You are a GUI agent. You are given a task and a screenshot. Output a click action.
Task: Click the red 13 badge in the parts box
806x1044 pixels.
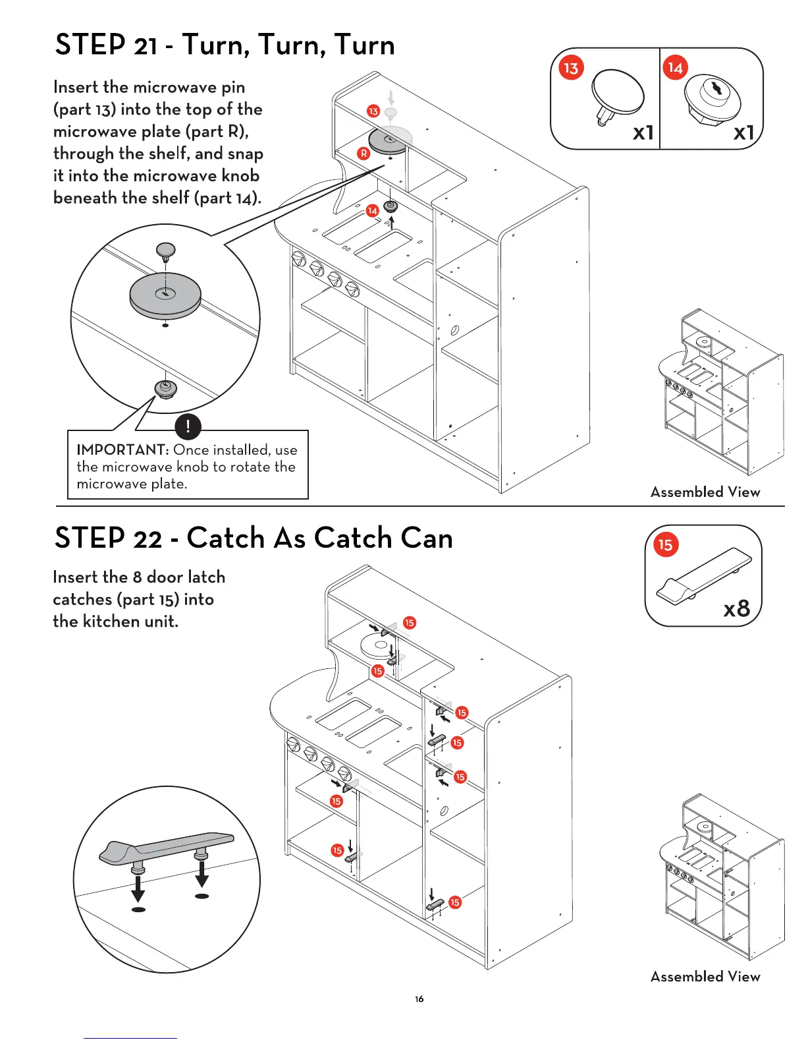tap(571, 68)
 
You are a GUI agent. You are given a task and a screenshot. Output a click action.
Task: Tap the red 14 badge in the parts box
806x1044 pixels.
tap(676, 67)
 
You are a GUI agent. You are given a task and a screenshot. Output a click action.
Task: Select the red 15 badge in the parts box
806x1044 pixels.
tap(666, 545)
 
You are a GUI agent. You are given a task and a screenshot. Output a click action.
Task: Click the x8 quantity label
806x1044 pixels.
tap(736, 608)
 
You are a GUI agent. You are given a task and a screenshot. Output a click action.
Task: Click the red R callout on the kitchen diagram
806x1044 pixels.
tap(363, 154)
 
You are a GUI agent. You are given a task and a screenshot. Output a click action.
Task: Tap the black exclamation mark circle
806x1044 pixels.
tap(188, 426)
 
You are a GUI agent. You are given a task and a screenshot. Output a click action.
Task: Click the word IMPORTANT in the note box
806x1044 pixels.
tap(122, 450)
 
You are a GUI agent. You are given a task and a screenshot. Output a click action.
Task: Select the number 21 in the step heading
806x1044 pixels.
tap(146, 47)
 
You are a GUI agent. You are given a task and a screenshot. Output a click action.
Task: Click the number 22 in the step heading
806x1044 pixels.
tap(147, 540)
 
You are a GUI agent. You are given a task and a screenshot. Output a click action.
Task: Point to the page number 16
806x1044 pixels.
tap(419, 999)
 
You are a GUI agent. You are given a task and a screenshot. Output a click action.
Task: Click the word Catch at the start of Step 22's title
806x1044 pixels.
tap(225, 538)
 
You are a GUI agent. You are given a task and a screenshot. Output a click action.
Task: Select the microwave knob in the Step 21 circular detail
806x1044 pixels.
tap(165, 388)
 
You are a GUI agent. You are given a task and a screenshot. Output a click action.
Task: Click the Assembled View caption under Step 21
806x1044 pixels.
tap(705, 492)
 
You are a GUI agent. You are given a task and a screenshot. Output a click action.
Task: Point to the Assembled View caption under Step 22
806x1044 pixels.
tap(705, 976)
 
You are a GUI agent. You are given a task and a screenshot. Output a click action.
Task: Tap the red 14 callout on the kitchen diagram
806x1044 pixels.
tap(372, 210)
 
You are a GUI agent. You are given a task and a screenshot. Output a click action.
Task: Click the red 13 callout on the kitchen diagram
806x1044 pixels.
tap(373, 111)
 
